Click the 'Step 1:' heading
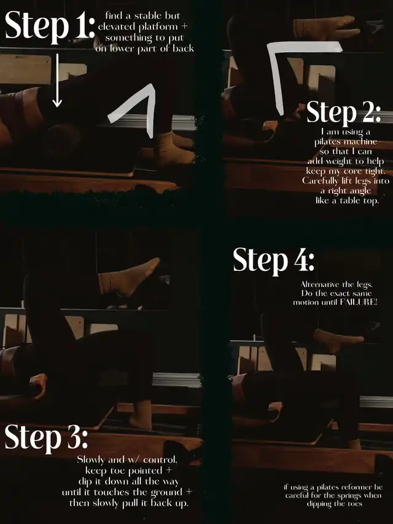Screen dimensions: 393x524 tap(50, 26)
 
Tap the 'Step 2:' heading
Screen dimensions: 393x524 tap(343, 112)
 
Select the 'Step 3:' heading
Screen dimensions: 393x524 tap(46, 438)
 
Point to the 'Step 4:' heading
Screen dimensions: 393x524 tap(274, 260)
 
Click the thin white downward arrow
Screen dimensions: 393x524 tap(57, 80)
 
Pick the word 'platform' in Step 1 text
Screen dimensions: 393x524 tap(158, 27)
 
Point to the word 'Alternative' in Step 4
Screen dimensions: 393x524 tap(320, 284)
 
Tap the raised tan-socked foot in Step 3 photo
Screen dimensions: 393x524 tap(129, 278)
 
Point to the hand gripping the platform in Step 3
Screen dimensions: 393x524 tap(39, 386)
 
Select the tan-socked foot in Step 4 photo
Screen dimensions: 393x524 tap(338, 340)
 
